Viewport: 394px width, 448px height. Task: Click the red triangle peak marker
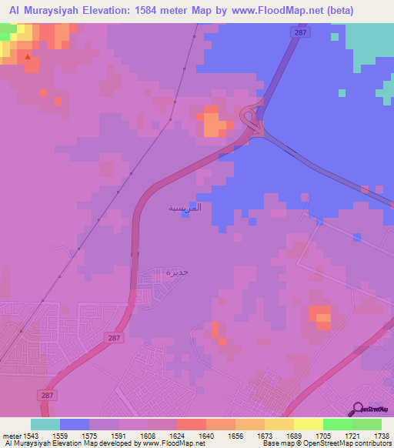tap(28, 56)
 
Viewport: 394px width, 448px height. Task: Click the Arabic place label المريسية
tap(185, 208)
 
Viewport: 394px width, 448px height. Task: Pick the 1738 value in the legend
tap(382, 436)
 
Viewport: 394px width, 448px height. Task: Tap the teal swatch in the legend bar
tap(45, 424)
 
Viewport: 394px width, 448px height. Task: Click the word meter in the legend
tap(10, 436)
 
